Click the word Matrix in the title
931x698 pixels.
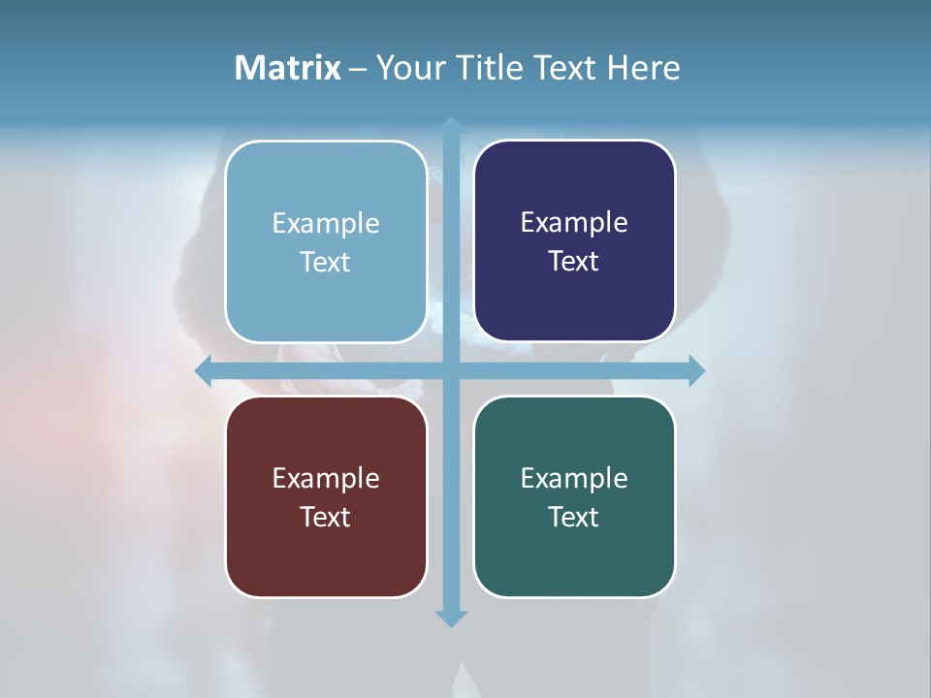(287, 68)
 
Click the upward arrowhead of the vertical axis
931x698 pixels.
(451, 125)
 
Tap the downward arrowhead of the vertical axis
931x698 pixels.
(451, 619)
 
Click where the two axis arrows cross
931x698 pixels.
(451, 371)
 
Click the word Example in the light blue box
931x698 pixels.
(326, 224)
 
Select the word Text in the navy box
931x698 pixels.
(574, 262)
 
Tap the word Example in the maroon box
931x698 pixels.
(326, 479)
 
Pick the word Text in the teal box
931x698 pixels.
(574, 518)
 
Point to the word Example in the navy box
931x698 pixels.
(574, 223)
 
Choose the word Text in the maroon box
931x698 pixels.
(326, 518)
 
